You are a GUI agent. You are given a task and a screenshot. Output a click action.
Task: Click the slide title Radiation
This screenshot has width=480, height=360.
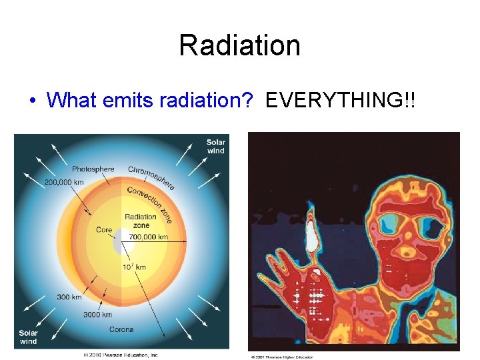point(239,45)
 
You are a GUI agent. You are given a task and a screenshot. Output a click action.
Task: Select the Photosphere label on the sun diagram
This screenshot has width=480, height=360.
point(93,169)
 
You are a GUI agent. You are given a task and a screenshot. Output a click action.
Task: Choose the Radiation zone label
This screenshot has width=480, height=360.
point(141,221)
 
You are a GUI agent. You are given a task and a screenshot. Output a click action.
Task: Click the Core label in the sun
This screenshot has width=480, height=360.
point(104,230)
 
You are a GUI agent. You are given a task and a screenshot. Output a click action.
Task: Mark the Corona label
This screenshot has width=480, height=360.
point(121,329)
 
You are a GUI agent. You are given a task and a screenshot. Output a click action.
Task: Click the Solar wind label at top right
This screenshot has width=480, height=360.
point(215,146)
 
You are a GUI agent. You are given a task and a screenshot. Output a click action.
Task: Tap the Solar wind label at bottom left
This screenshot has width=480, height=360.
point(28,337)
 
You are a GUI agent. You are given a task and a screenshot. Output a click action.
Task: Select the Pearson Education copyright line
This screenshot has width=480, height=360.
point(121,355)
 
